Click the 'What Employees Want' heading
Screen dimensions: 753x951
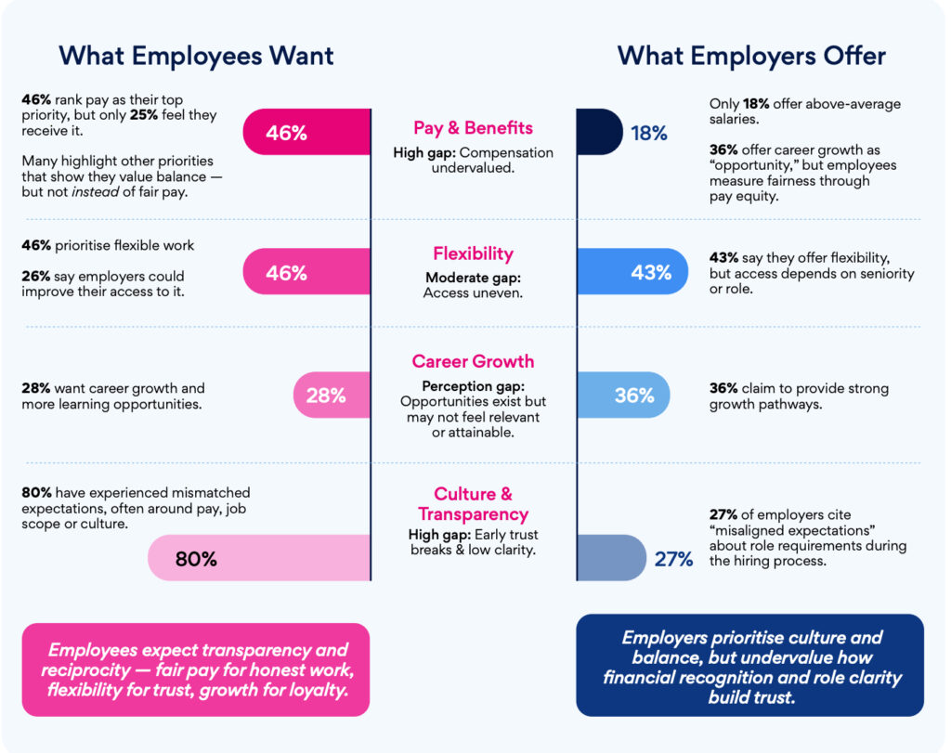point(196,56)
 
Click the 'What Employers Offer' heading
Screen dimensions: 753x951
point(751,56)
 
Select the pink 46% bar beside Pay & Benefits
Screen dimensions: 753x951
point(306,132)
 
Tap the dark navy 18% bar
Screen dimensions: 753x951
point(598,132)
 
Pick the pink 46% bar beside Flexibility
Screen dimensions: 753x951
point(306,272)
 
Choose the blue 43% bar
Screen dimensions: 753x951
point(632,272)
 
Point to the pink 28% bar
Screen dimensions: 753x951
point(332,395)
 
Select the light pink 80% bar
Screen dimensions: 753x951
point(259,558)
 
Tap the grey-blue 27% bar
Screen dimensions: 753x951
point(610,558)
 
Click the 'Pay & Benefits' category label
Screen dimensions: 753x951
point(474,128)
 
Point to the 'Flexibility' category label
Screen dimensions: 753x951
point(473,253)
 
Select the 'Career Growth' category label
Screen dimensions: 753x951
point(474,361)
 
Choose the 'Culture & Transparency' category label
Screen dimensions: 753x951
point(473,504)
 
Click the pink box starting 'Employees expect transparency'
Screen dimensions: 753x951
point(195,669)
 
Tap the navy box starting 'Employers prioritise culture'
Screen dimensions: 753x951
point(750,665)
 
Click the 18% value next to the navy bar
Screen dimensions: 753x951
point(649,133)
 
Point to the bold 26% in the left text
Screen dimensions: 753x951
point(34,277)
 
